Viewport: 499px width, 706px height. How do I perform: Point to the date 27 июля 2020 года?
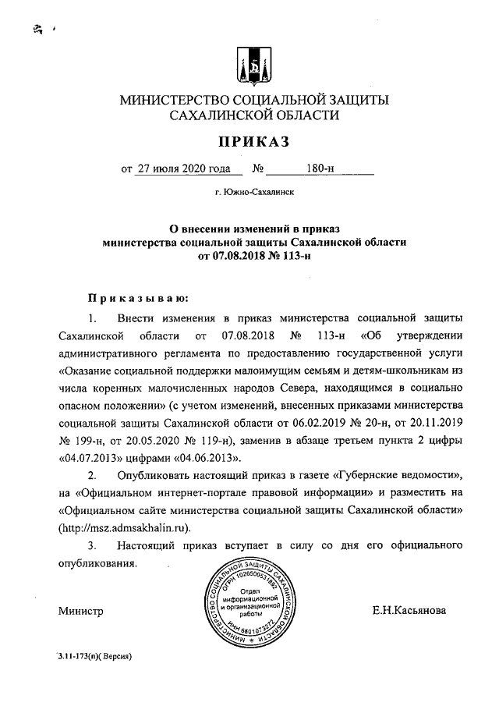(x=183, y=168)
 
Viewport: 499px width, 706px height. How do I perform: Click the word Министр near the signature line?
(x=81, y=612)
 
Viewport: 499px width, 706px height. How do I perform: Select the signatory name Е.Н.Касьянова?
(x=409, y=612)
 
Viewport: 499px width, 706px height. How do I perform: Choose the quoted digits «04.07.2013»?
(x=88, y=457)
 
